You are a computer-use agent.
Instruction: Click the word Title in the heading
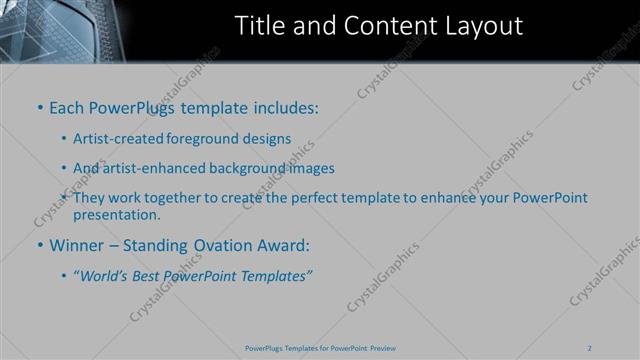pos(258,26)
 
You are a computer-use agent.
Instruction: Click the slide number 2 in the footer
pos(590,348)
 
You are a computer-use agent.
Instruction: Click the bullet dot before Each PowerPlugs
pos(40,107)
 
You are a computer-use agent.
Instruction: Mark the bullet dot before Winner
pos(40,244)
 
